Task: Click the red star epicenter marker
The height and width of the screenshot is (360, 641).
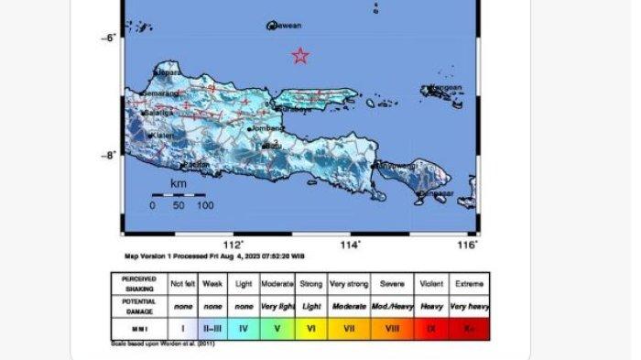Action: (300, 56)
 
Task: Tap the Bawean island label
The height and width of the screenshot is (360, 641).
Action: (287, 27)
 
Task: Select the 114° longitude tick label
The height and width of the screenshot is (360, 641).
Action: (350, 245)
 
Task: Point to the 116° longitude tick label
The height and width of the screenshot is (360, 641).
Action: (467, 245)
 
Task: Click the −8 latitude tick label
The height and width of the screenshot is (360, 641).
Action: (107, 155)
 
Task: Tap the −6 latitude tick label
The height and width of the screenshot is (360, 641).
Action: (107, 38)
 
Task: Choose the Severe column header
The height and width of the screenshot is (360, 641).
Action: (392, 283)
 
